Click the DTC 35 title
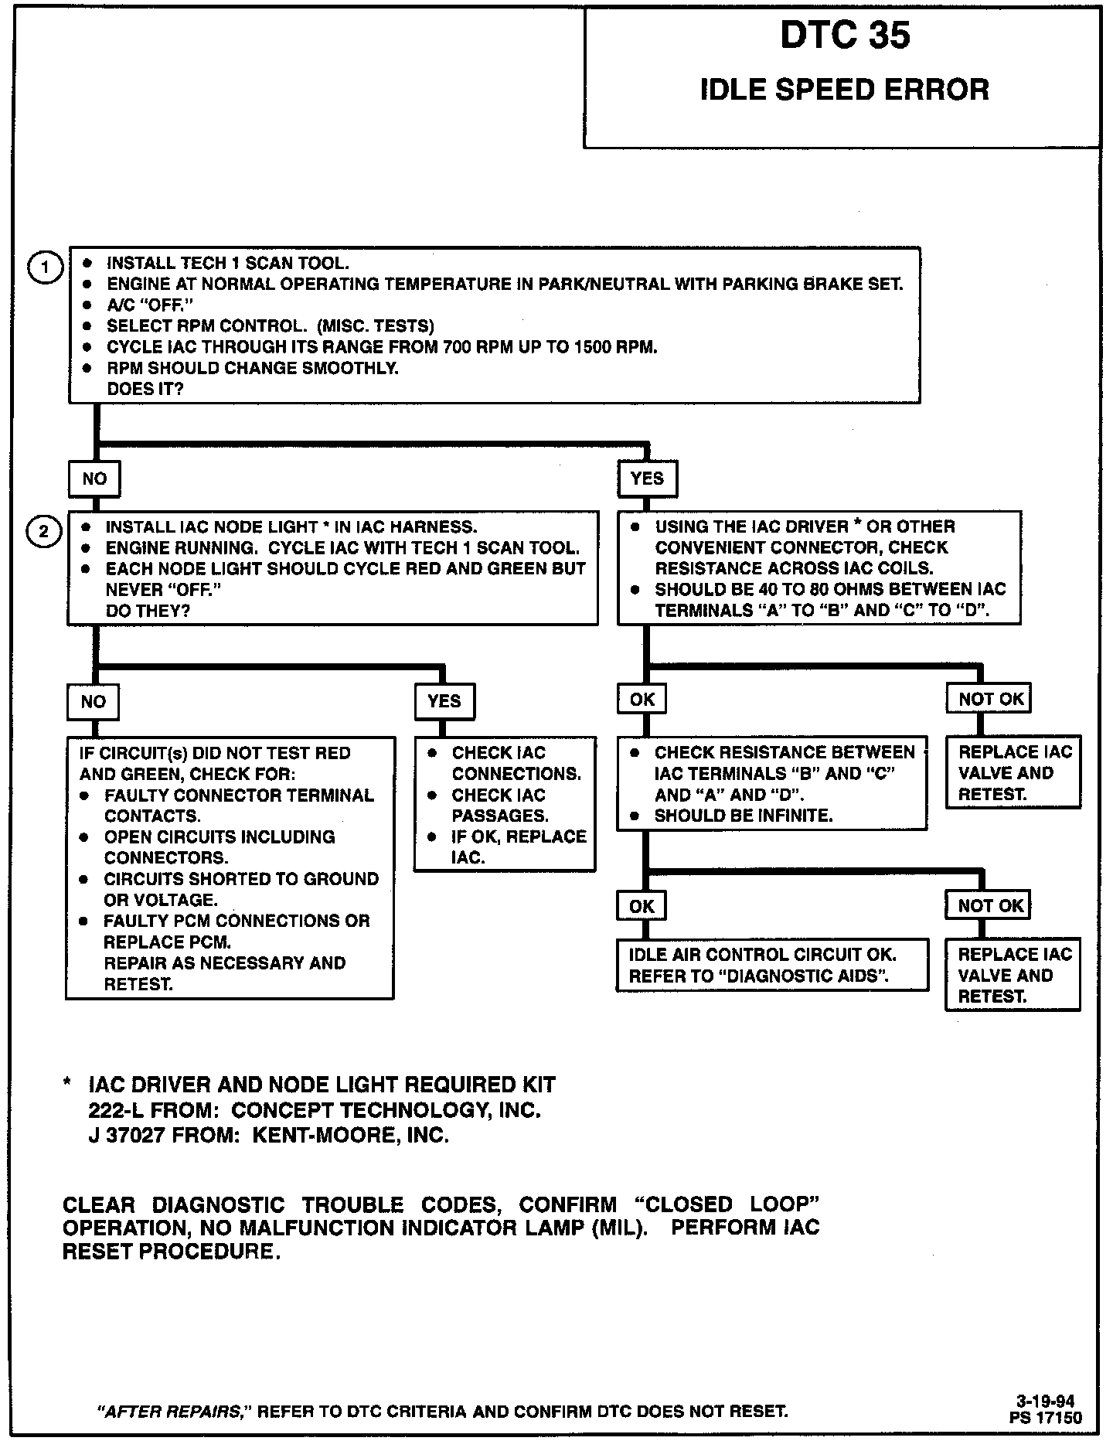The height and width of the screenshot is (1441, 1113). (845, 36)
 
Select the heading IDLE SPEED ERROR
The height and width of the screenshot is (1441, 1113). (844, 90)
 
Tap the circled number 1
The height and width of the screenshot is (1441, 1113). (45, 268)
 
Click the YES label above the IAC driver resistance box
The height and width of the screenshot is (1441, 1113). (647, 479)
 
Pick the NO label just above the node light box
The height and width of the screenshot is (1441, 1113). (94, 479)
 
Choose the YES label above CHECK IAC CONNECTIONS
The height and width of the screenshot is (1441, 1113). (444, 701)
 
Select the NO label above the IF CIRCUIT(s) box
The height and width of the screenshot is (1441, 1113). (94, 701)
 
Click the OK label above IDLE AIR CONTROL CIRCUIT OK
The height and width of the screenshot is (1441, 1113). (642, 906)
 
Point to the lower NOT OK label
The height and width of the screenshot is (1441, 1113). (990, 906)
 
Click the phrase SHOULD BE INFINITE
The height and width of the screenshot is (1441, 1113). (744, 816)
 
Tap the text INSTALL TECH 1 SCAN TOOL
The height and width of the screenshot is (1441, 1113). (228, 263)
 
